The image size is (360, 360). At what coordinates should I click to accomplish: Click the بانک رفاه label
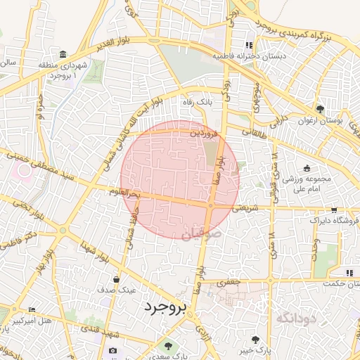click(x=197, y=103)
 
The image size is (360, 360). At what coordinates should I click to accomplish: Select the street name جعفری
click(x=229, y=281)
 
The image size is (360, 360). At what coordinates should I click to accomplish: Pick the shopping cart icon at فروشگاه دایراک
click(x=333, y=210)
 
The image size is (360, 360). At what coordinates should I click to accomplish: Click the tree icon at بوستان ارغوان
click(x=321, y=109)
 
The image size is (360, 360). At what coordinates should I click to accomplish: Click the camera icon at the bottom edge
click(x=112, y=351)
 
